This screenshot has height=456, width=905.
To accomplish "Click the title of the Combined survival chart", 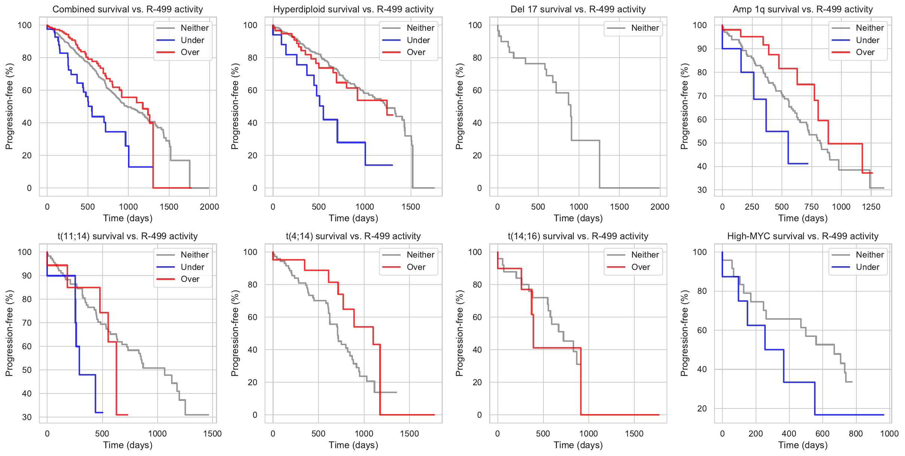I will (x=128, y=9).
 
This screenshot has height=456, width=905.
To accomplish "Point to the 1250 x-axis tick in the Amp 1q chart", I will (x=871, y=207).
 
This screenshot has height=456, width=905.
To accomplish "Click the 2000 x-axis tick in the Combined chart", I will (x=209, y=207).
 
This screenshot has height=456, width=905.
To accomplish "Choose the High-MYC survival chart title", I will (x=802, y=236).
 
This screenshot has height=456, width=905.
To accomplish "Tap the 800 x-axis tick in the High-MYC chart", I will (x=856, y=434).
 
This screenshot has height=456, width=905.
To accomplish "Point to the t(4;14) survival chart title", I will (x=353, y=236).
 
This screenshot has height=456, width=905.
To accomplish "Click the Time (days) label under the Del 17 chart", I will (x=578, y=218).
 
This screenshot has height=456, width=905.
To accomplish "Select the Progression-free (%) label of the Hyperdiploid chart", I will (x=235, y=106).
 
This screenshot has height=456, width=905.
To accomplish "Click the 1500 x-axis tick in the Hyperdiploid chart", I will (x=411, y=207).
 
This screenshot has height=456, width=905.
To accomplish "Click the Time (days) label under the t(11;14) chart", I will (x=128, y=445).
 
